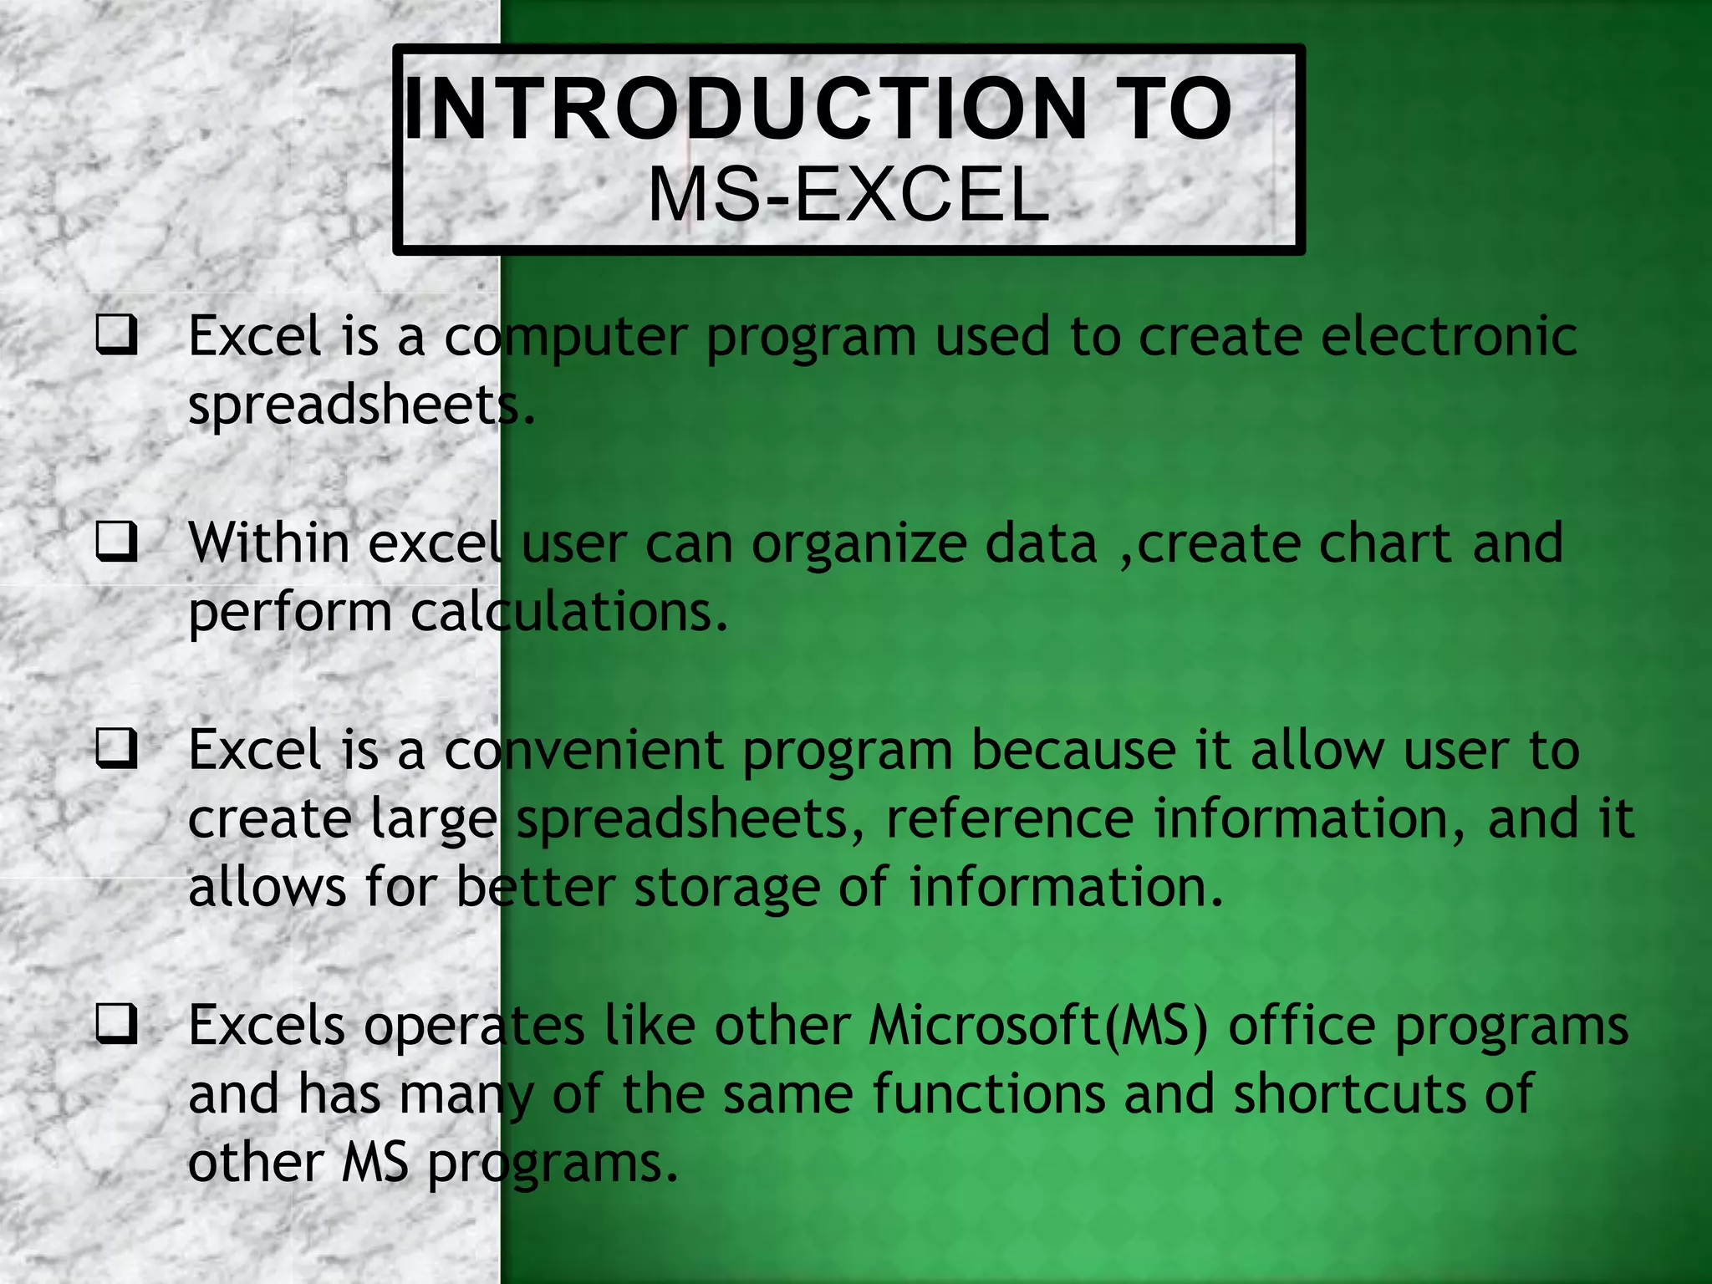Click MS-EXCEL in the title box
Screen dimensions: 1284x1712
tap(848, 196)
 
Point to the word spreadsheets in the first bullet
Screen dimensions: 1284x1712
tap(359, 406)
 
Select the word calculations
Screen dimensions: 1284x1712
tap(568, 612)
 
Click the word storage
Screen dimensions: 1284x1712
tap(726, 889)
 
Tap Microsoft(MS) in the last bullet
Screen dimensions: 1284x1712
tap(1037, 1026)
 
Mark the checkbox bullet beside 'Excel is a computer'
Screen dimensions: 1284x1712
tap(116, 336)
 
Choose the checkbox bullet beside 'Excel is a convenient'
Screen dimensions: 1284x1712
tap(116, 748)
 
